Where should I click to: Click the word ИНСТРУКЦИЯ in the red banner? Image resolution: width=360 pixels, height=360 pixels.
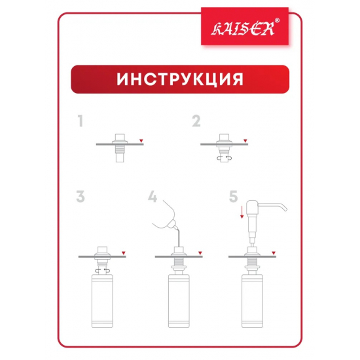point(180,79)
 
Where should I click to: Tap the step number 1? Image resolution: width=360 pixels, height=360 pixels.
point(81,120)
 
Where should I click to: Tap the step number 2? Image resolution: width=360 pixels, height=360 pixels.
point(196,120)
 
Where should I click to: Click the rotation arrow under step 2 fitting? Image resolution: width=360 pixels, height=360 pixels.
point(224,157)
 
